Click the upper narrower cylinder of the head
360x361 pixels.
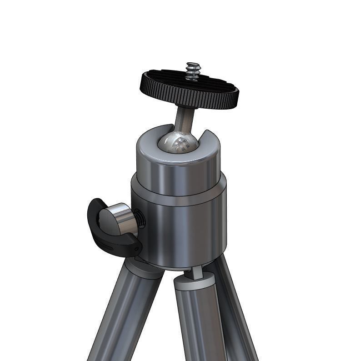tap(177, 175)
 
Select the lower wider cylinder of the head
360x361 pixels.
tap(182, 227)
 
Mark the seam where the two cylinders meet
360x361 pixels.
tap(182, 195)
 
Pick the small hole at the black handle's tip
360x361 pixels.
tap(136, 248)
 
